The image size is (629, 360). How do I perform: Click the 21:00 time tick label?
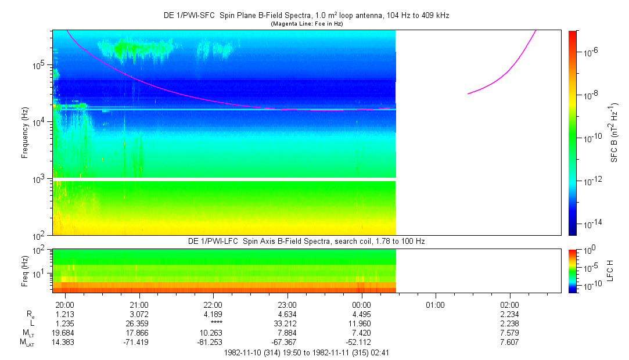click(x=139, y=305)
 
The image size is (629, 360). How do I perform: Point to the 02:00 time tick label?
click(x=509, y=305)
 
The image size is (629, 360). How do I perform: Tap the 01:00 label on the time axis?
click(x=435, y=305)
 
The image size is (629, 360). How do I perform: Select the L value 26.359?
click(x=139, y=323)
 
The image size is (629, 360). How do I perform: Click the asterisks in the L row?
click(x=213, y=323)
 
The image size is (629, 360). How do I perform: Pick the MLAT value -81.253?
click(x=213, y=342)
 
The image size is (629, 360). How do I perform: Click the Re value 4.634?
click(x=287, y=314)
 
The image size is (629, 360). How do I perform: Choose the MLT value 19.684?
click(x=64, y=333)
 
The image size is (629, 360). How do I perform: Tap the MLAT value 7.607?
click(x=509, y=342)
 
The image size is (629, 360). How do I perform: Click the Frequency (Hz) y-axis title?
click(x=26, y=133)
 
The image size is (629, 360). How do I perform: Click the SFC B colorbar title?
click(x=614, y=133)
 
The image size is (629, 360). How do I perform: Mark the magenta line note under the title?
click(x=307, y=24)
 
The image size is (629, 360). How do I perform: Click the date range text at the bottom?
click(x=307, y=352)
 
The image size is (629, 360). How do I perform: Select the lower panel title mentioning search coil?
click(x=307, y=241)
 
